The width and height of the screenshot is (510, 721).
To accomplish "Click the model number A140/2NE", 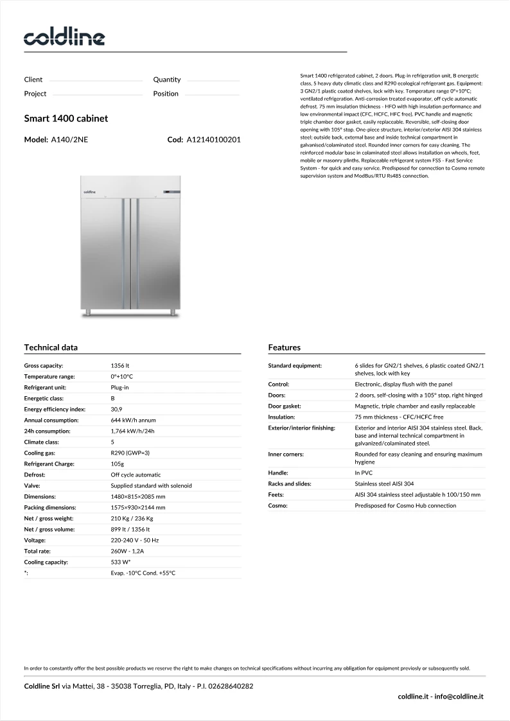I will (x=69, y=139).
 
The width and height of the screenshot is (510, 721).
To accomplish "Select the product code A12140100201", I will (x=213, y=139).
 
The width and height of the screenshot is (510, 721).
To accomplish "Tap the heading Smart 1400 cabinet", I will (x=66, y=119).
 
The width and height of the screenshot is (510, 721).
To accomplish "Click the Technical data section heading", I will (x=51, y=347).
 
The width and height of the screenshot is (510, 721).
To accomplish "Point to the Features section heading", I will (x=284, y=347).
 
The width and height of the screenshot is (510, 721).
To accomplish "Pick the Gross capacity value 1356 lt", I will (x=120, y=365).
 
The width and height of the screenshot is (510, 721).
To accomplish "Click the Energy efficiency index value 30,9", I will (x=116, y=409).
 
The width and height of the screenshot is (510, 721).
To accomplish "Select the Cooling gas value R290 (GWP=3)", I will (x=130, y=453).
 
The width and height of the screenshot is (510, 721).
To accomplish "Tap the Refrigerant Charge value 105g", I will (x=117, y=464).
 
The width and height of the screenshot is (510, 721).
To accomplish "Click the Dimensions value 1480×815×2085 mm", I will (x=137, y=496).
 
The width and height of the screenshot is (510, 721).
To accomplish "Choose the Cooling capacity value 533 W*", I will (x=121, y=562).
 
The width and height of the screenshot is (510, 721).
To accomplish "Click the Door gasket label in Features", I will (x=285, y=406).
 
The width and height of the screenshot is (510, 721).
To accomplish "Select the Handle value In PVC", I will (x=364, y=473).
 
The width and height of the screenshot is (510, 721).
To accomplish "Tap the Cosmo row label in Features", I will (x=278, y=505).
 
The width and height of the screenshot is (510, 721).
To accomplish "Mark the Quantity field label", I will (x=167, y=80).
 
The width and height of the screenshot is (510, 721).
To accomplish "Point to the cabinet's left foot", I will (x=90, y=313).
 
